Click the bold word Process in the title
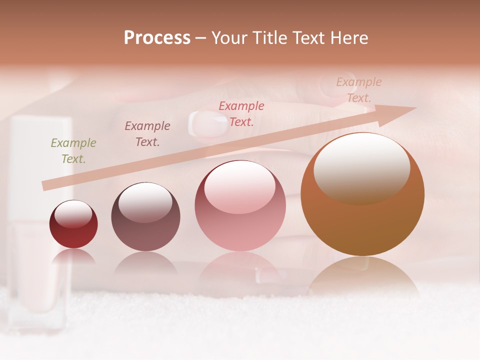click(157, 38)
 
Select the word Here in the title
click(349, 38)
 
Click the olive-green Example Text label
click(73, 151)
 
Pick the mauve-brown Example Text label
click(147, 133)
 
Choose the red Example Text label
click(241, 113)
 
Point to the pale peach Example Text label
click(359, 90)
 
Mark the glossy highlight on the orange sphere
click(361, 167)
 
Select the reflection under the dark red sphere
click(73, 256)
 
